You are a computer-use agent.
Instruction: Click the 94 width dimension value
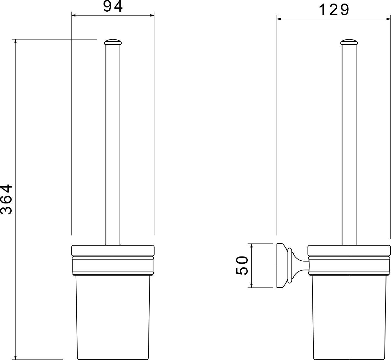[113, 6]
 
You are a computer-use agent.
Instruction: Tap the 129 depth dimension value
[334, 10]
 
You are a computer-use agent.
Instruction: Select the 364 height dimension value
[6, 200]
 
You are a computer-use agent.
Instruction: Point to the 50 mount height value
[242, 266]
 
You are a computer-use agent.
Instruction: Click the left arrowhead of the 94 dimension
[73, 16]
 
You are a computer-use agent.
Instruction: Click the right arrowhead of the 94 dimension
[152, 16]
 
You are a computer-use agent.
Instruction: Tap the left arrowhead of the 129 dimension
[279, 19]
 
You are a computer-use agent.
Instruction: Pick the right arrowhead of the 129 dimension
[388, 19]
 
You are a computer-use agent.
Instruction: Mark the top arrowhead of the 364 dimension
[16, 41]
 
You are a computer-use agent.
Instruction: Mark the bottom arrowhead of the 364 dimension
[16, 357]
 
